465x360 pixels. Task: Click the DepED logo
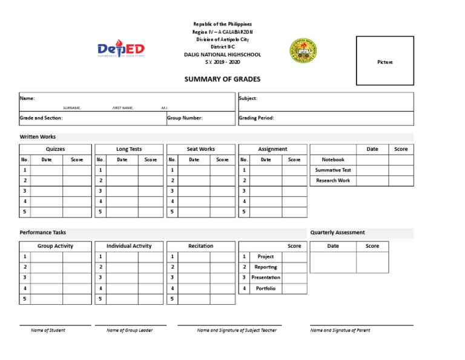tap(121, 50)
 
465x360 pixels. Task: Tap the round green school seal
tap(303, 50)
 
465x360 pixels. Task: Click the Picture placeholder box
tap(384, 61)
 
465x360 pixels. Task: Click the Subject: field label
tap(248, 98)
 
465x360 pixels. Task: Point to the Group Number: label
tap(185, 118)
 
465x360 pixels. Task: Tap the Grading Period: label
tap(257, 118)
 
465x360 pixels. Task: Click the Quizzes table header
tap(55, 149)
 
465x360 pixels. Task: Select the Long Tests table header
tap(129, 149)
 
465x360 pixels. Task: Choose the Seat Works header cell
tap(200, 149)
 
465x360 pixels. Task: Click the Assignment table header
tap(272, 149)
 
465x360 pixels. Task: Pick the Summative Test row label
tap(333, 170)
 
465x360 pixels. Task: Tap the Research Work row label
tap(333, 181)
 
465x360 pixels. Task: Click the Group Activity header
tap(55, 246)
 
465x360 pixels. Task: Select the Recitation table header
tap(200, 246)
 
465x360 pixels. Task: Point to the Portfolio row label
tap(265, 288)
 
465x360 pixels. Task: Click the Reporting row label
tap(265, 267)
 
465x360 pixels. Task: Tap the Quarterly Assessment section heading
tap(337, 233)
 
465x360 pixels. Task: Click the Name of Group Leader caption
tap(130, 330)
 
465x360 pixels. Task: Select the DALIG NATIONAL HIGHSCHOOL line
tap(222, 55)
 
